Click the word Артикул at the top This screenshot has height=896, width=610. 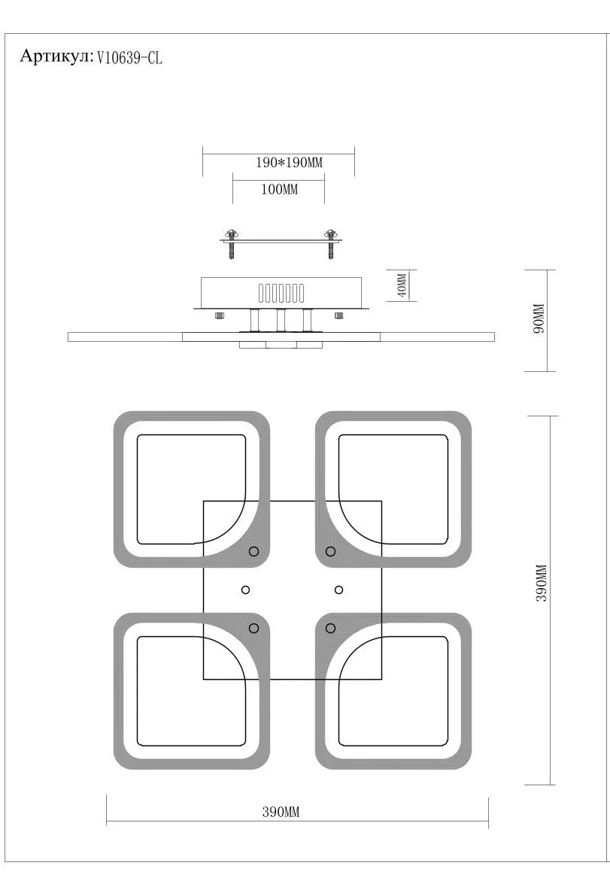pyautogui.click(x=56, y=56)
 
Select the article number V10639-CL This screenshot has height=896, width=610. pyautogui.click(x=130, y=58)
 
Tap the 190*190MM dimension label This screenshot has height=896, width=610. pyautogui.click(x=290, y=163)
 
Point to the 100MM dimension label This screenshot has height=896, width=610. pyautogui.click(x=280, y=189)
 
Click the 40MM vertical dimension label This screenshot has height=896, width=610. pyautogui.click(x=402, y=285)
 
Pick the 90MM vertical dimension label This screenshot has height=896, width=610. pyautogui.click(x=539, y=318)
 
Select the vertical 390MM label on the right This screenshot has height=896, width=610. pyautogui.click(x=542, y=583)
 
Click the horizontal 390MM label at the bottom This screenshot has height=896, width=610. pyautogui.click(x=281, y=812)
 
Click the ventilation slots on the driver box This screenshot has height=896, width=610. pyautogui.click(x=281, y=293)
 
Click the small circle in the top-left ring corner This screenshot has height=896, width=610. pyautogui.click(x=254, y=551)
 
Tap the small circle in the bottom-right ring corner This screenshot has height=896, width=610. pyautogui.click(x=330, y=629)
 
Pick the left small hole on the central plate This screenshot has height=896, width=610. pyautogui.click(x=245, y=590)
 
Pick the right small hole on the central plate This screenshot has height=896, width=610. pyautogui.click(x=339, y=590)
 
